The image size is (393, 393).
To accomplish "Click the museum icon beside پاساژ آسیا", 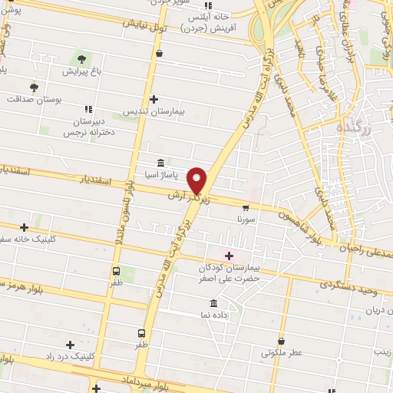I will pyautogui.click(x=160, y=163).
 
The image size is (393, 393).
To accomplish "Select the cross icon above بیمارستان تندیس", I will pyautogui.click(x=154, y=99).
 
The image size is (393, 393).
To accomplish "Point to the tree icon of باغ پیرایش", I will pyautogui.click(x=81, y=59).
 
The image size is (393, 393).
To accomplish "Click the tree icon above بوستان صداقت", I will pyautogui.click(x=33, y=87).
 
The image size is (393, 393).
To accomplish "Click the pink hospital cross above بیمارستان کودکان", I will pyautogui.click(x=229, y=256).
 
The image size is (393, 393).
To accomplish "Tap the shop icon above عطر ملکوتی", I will pyautogui.click(x=281, y=342).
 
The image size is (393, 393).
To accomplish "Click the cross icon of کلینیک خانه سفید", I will pyautogui.click(x=25, y=226).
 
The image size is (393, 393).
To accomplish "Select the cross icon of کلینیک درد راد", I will pyautogui.click(x=71, y=345).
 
